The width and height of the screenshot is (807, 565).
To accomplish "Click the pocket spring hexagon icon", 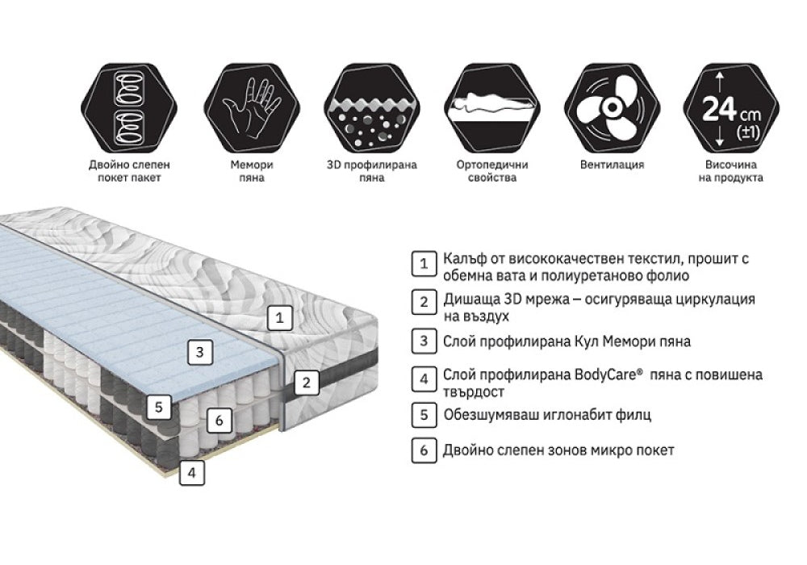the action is pyautogui.click(x=129, y=108).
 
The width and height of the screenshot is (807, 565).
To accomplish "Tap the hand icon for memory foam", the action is pyautogui.click(x=252, y=108).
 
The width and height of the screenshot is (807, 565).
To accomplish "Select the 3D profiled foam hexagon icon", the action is pyautogui.click(x=372, y=108).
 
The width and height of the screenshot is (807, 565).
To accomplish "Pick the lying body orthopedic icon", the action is pyautogui.click(x=492, y=108).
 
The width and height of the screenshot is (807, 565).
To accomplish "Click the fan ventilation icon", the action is pyautogui.click(x=612, y=108).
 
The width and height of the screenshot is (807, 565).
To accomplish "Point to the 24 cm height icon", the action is pyautogui.click(x=731, y=108).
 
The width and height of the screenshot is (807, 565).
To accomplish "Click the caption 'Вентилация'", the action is pyautogui.click(x=612, y=165).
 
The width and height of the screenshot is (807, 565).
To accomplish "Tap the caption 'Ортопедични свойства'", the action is pyautogui.click(x=492, y=171).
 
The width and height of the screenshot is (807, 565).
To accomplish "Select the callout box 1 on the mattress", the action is pyautogui.click(x=279, y=317).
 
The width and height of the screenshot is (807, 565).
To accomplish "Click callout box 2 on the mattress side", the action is pyautogui.click(x=307, y=383).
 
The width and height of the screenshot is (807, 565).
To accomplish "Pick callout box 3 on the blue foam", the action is pyautogui.click(x=199, y=352).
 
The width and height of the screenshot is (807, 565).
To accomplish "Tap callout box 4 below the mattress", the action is pyautogui.click(x=192, y=472).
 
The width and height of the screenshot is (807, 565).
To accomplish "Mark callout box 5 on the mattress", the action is pyautogui.click(x=158, y=407).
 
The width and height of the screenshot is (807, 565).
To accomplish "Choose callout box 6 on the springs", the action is pyautogui.click(x=220, y=421).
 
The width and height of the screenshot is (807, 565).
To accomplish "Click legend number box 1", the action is pyautogui.click(x=424, y=263).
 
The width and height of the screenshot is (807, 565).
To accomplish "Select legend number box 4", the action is pyautogui.click(x=424, y=379).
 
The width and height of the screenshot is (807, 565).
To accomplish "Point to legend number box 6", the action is pyautogui.click(x=424, y=450).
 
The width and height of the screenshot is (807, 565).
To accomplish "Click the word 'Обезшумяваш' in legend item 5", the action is pyautogui.click(x=495, y=415).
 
